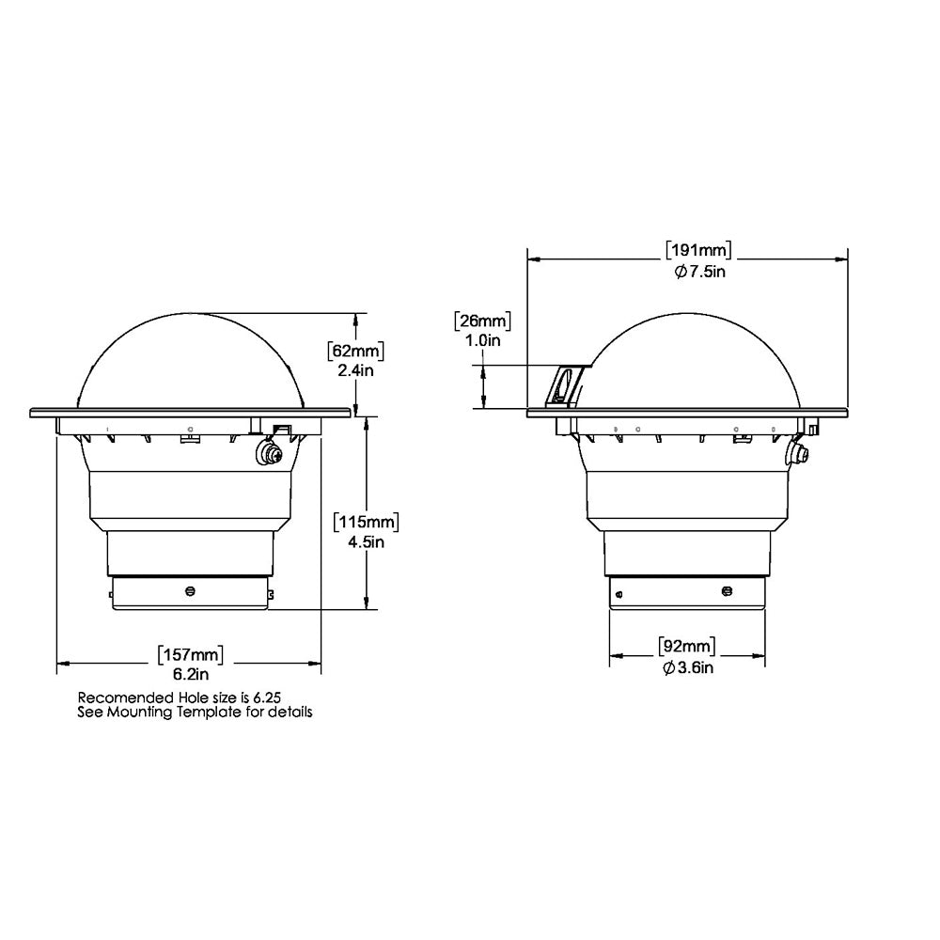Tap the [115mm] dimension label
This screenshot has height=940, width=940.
coord(368,522)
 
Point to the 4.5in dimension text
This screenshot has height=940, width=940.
coord(368,541)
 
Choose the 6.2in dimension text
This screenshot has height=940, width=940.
coord(191,674)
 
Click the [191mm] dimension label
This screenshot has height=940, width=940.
coord(698,250)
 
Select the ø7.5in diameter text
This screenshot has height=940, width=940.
coord(698,271)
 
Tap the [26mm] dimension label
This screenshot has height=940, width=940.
coord(482,321)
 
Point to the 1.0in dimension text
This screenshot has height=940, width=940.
coord(482,340)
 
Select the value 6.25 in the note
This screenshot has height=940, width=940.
coord(267,697)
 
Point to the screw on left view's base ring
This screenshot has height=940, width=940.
coord(191,591)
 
